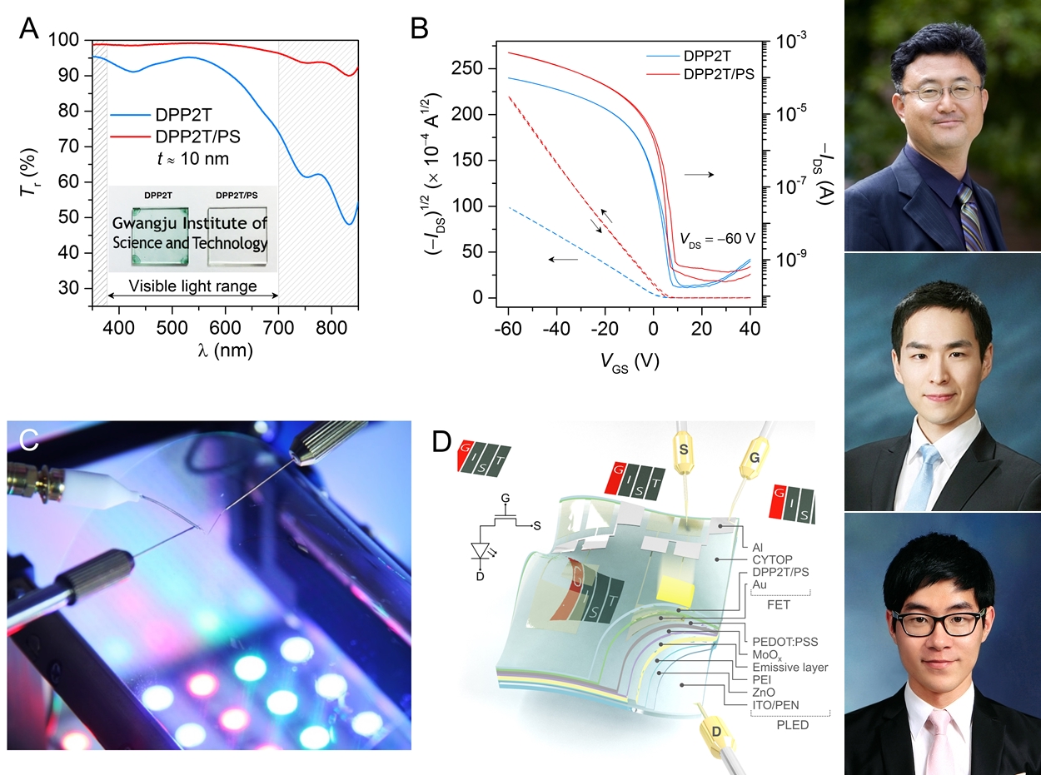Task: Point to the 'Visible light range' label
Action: pyautogui.click(x=192, y=288)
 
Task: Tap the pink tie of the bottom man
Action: pyautogui.click(x=940, y=742)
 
